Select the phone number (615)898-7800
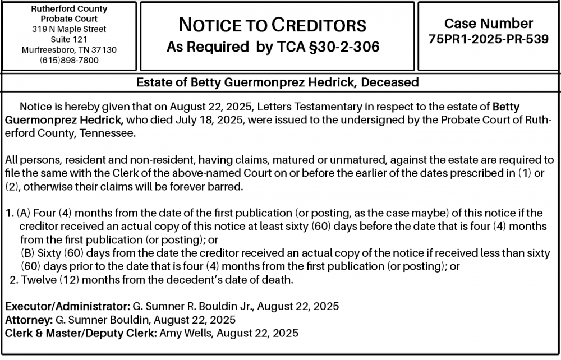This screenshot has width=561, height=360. pyautogui.click(x=70, y=60)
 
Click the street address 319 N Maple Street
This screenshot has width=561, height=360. pyautogui.click(x=70, y=29)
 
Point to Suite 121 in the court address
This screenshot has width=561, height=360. pyautogui.click(x=70, y=39)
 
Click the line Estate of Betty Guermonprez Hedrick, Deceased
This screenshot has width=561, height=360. pyautogui.click(x=278, y=82)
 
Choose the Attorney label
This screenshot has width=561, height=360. pyautogui.click(x=27, y=320)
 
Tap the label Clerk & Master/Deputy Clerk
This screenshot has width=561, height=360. pyautogui.click(x=81, y=333)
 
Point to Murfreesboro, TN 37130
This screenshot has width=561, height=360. pyautogui.click(x=70, y=50)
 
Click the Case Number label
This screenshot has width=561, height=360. pyautogui.click(x=488, y=24)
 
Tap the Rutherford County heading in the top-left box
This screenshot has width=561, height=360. pyautogui.click(x=70, y=9)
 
